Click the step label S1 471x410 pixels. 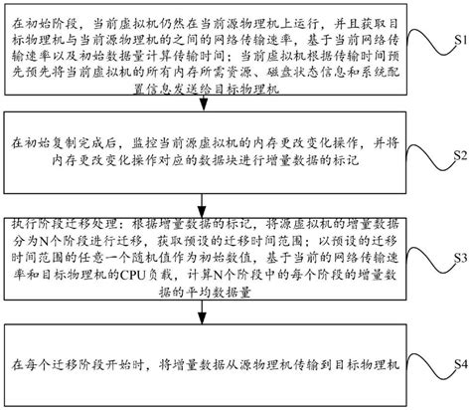[455, 44]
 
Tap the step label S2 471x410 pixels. [455, 157]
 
